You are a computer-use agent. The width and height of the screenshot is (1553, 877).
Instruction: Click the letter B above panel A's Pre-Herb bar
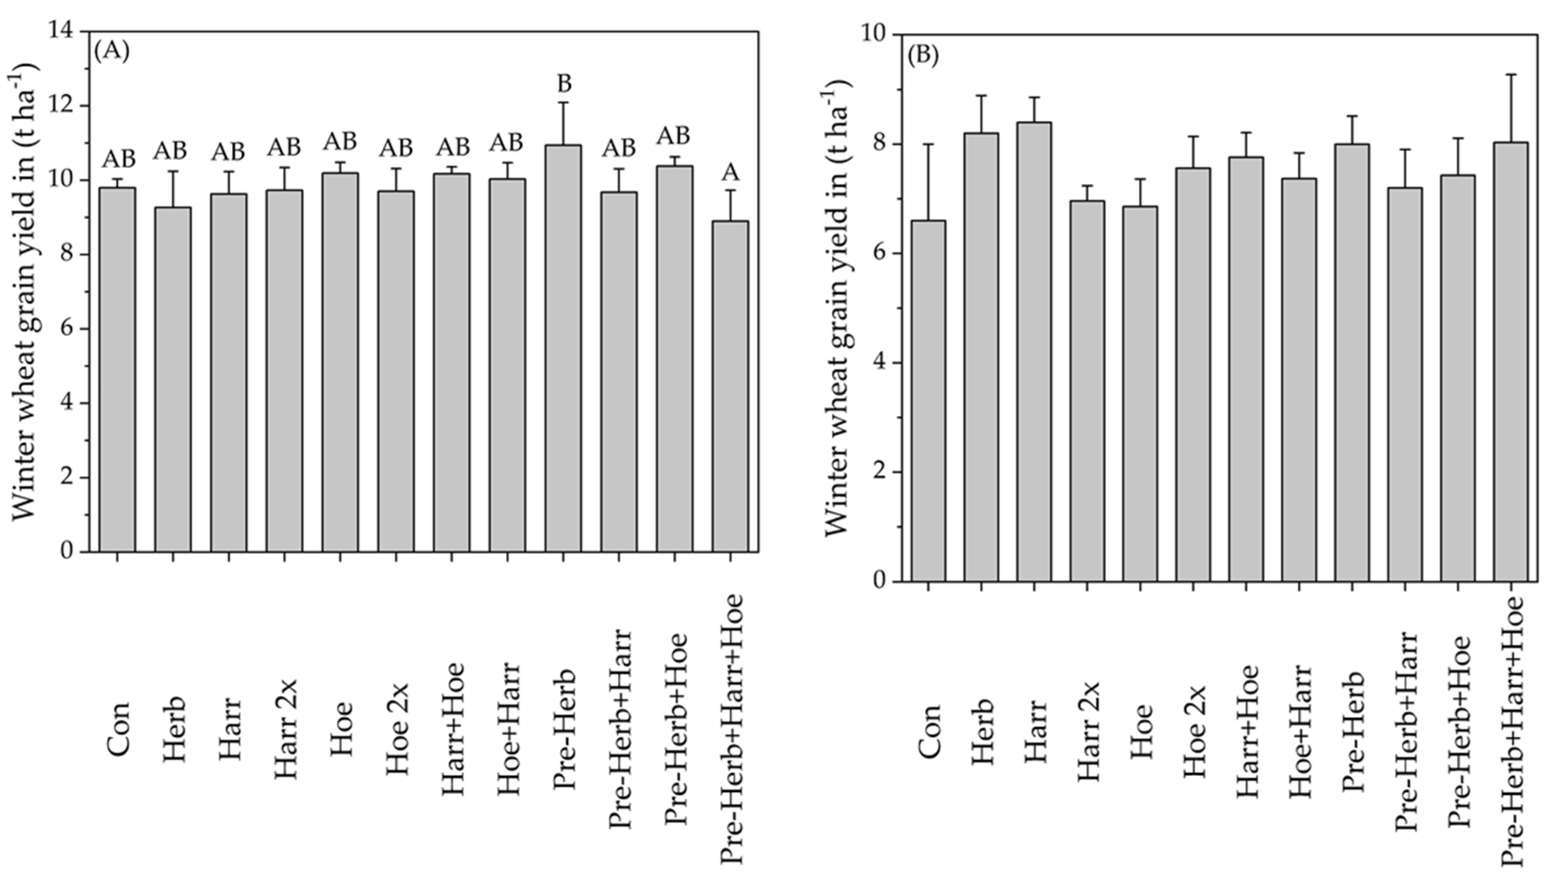tap(564, 84)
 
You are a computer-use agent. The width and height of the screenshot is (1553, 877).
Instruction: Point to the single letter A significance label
tap(730, 173)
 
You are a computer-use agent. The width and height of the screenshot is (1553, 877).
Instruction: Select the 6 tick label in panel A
tap(68, 329)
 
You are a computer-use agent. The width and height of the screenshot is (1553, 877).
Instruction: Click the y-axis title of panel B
tap(837, 308)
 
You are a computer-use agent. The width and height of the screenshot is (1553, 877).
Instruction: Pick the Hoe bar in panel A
tap(340, 362)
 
